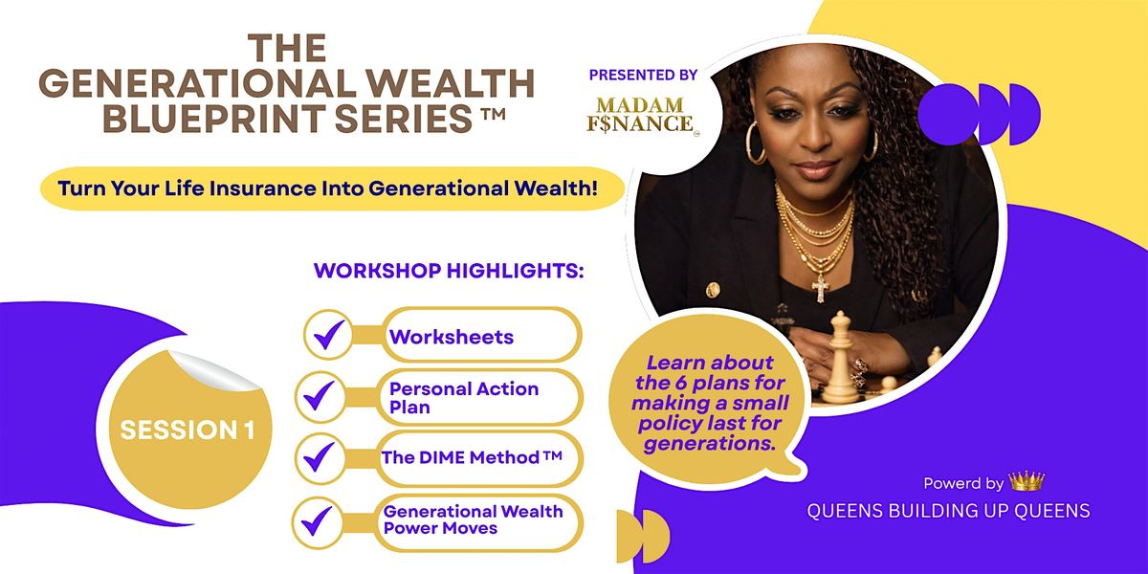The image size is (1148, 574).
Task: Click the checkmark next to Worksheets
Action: point(329,335)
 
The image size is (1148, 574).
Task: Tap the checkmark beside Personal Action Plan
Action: point(319,396)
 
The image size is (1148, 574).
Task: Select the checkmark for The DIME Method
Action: point(319,456)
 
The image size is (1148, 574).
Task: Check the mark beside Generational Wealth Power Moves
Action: point(317,520)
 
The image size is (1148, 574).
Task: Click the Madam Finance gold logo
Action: point(642,115)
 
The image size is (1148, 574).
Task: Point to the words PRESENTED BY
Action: point(643,75)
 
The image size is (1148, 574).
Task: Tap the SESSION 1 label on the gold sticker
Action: point(188,430)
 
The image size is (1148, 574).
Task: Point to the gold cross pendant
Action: point(821,288)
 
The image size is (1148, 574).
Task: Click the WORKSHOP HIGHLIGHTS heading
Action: point(449,271)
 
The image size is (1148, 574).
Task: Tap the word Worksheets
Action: point(452,337)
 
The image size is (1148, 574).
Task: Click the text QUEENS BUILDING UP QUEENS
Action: point(948,511)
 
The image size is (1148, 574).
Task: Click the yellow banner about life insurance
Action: point(332,188)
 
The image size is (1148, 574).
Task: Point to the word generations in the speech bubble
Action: point(709,444)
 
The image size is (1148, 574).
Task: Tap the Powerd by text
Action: point(963,483)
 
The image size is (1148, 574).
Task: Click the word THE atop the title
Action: point(287,49)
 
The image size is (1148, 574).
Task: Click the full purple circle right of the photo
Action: point(949,114)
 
